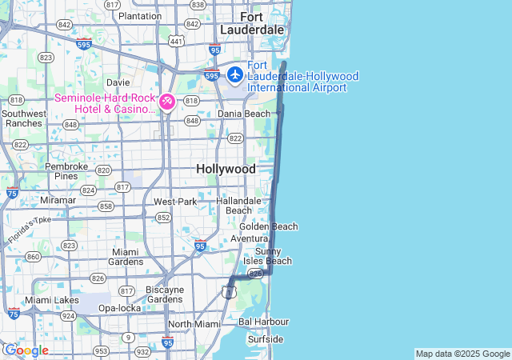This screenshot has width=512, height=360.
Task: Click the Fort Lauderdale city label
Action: pyautogui.click(x=262, y=23)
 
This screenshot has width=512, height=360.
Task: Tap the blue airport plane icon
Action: pyautogui.click(x=235, y=74)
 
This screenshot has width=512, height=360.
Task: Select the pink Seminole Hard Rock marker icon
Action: pyautogui.click(x=167, y=102)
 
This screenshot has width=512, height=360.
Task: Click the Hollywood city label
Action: pyautogui.click(x=226, y=170)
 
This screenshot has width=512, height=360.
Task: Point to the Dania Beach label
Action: pyautogui.click(x=244, y=114)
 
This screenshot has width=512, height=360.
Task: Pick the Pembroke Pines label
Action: pyautogui.click(x=61, y=170)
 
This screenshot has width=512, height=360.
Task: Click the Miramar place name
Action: pyautogui.click(x=58, y=199)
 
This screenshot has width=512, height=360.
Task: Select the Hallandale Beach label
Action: pyautogui.click(x=238, y=206)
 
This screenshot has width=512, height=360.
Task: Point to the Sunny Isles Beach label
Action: pyautogui.click(x=267, y=256)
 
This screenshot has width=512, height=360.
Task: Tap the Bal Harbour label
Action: pyautogui.click(x=263, y=322)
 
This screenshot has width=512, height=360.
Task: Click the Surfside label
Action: pyautogui.click(x=265, y=339)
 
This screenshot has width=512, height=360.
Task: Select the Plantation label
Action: pyautogui.click(x=139, y=16)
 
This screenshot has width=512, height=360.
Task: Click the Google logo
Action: pyautogui.click(x=26, y=350)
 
